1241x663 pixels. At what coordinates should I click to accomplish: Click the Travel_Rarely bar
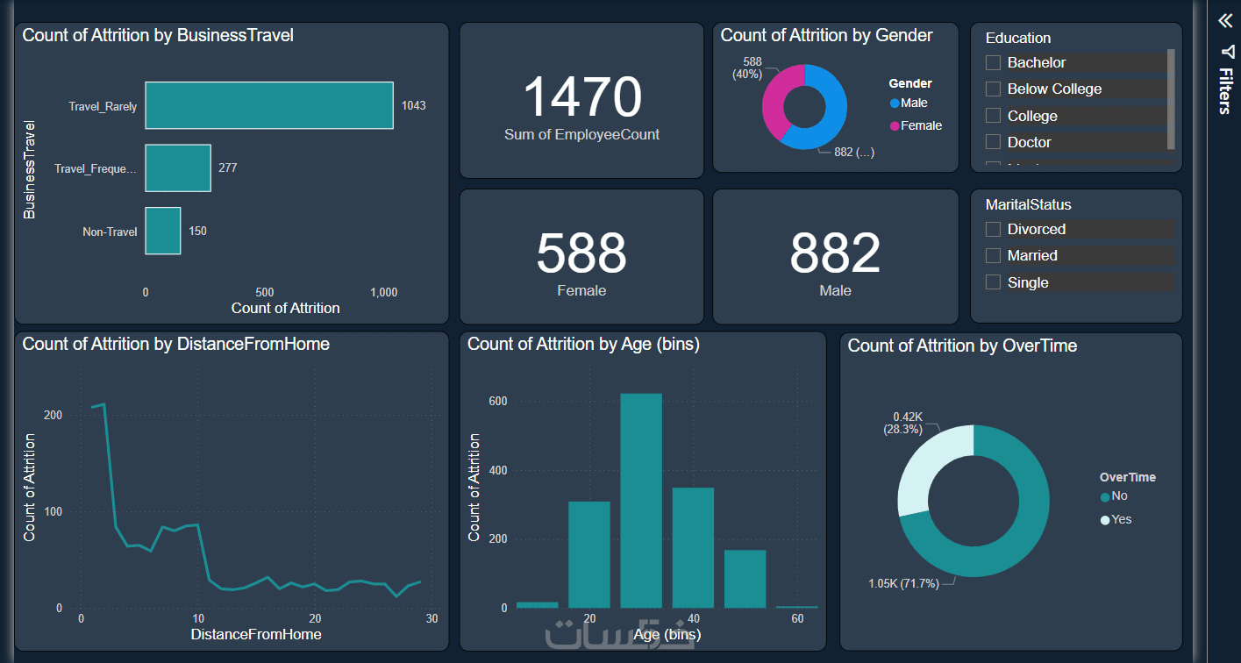coord(268,105)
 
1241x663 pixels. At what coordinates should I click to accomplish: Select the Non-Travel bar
coord(162,231)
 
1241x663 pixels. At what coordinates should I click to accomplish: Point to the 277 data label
coord(228,168)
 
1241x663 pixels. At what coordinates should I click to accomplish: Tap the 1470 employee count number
coord(582,96)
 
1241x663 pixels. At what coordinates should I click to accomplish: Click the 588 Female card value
coord(581,253)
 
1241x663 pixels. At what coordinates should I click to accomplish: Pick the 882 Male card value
coord(835,253)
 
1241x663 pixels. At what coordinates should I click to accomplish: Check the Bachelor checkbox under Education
coord(994,62)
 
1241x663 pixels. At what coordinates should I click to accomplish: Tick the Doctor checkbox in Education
coord(994,142)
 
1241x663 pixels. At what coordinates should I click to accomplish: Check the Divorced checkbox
coord(994,229)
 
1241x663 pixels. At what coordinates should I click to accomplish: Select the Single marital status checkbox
coord(994,282)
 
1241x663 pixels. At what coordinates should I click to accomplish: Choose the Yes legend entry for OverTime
coord(1116,519)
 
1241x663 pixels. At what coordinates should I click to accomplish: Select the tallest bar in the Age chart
coord(641,500)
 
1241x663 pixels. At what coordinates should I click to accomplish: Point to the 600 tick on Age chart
coord(498,401)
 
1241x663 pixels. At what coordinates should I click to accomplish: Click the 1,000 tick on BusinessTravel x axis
coord(383,292)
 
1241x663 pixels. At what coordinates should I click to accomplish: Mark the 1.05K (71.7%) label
coord(903,583)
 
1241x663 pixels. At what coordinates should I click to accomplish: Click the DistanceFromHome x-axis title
coord(256,634)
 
